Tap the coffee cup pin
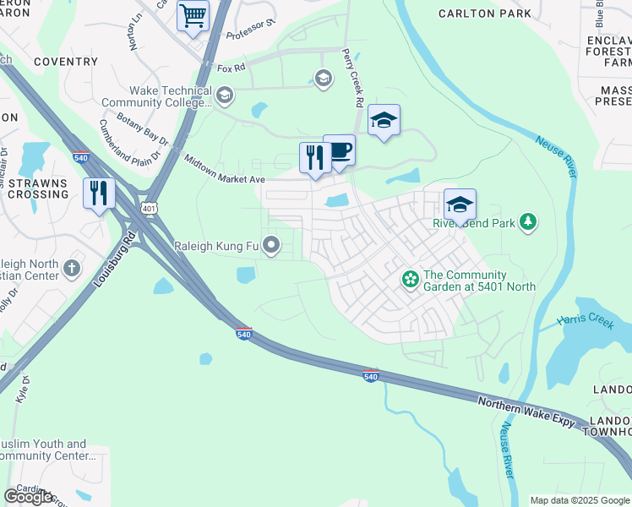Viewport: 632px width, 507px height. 339,151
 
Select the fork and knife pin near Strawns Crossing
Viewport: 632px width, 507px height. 99,194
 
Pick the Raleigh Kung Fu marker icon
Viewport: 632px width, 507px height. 271,246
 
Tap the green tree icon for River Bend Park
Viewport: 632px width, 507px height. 528,222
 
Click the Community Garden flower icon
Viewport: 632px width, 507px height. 410,278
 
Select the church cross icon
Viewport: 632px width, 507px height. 72,270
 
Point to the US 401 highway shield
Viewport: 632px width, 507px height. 149,207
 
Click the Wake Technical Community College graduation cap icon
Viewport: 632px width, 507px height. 224,95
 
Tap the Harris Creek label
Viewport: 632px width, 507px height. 586,322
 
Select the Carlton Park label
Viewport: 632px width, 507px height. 485,13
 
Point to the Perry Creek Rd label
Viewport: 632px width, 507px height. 353,77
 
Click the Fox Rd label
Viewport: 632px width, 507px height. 230,67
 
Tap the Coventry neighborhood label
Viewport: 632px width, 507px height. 66,62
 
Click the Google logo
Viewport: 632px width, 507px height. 28,497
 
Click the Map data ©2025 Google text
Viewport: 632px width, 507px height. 579,500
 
